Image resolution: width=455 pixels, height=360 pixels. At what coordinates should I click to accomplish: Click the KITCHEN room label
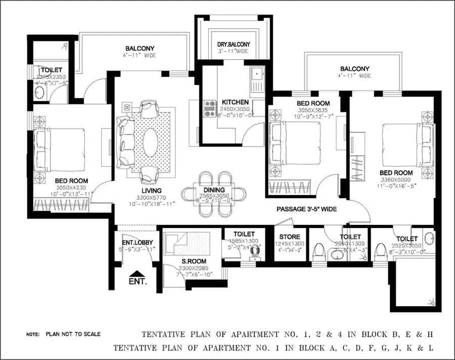click(x=234, y=102)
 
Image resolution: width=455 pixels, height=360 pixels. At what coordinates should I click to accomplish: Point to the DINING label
click(x=214, y=190)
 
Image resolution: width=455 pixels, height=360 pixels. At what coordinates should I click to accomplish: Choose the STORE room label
click(x=290, y=237)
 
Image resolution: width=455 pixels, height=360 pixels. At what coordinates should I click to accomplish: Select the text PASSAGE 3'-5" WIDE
click(x=306, y=209)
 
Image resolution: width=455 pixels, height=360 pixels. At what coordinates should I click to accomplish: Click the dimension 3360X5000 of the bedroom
click(x=396, y=180)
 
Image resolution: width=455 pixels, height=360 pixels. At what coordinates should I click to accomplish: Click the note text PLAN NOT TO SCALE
click(x=73, y=334)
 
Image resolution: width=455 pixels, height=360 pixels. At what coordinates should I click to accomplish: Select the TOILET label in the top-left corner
click(x=51, y=70)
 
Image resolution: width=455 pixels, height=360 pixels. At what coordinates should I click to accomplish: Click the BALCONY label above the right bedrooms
click(x=354, y=69)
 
